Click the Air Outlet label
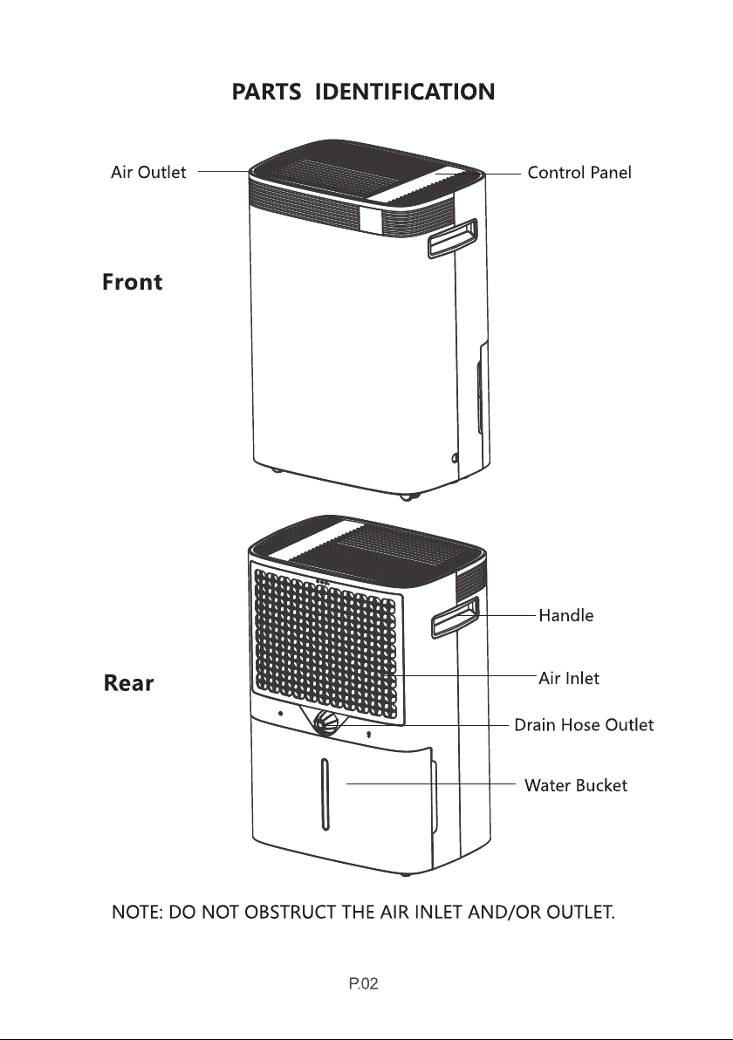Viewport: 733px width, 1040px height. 148,173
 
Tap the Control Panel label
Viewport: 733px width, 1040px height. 579,173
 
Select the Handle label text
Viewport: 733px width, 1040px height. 566,615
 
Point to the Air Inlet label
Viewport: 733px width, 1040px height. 569,678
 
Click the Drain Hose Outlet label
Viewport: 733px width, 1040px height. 584,725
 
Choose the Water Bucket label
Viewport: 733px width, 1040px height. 576,785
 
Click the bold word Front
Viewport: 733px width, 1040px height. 133,283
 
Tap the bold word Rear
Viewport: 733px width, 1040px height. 129,683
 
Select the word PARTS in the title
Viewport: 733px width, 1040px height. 265,92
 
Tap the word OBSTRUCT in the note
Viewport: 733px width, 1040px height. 280,913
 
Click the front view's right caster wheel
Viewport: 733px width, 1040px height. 405,497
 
